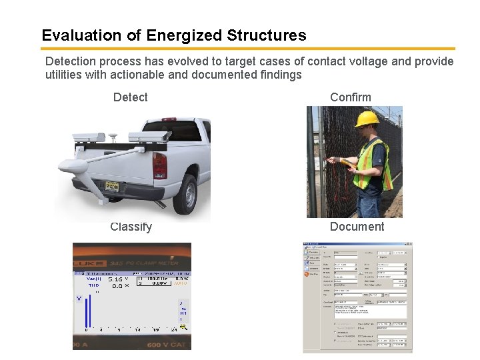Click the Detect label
[130, 97]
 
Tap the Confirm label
[350, 97]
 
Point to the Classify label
[131, 227]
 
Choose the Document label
[357, 227]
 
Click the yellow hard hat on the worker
[366, 119]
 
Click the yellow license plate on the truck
[109, 186]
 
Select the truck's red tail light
[160, 165]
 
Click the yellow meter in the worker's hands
[344, 161]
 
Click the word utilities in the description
[63, 75]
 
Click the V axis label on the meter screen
[79, 299]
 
